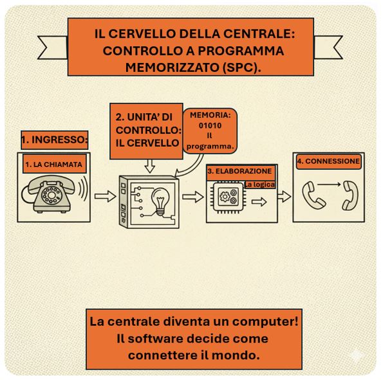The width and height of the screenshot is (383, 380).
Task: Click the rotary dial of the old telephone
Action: point(51,195)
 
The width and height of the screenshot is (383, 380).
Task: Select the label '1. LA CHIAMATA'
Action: point(53,164)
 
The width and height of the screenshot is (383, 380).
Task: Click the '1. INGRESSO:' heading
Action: point(54,140)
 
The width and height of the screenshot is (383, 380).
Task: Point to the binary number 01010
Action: point(210,125)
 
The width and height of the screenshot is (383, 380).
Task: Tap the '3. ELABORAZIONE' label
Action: point(239,171)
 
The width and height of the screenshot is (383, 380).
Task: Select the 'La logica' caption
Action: point(259,185)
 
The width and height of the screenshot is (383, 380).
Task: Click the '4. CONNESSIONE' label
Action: point(328,161)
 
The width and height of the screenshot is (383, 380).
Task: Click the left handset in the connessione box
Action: point(313,195)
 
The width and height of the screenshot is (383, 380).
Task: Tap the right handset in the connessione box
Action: point(350,195)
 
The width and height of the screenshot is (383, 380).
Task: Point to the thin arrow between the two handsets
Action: point(329,185)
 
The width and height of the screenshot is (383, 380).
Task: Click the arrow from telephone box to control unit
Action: point(106,196)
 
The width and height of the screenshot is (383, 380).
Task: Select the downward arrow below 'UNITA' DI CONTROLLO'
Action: point(150,166)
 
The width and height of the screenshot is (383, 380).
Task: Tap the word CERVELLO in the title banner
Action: point(142,33)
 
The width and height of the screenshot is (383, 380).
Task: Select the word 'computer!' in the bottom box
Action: point(265,321)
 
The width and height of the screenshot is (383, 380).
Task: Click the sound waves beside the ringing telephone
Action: point(84,188)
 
